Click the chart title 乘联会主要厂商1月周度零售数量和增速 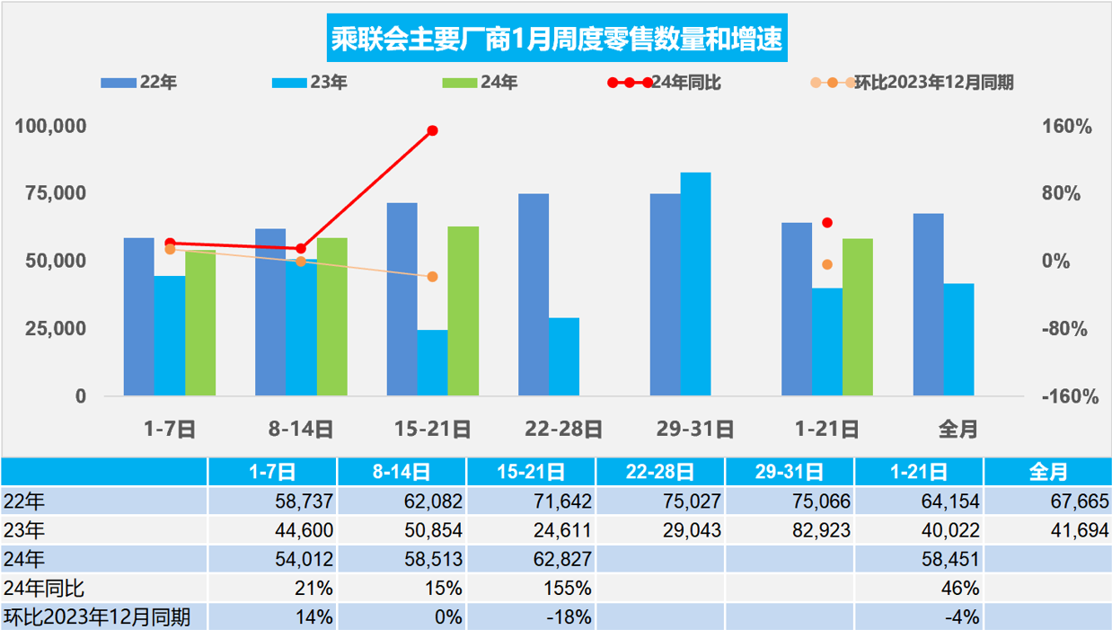(556, 40)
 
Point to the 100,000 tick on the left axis (51, 126)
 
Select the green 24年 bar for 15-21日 (463, 310)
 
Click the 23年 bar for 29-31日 (695, 283)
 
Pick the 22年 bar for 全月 (928, 304)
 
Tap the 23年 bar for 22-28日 (564, 356)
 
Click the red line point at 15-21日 (432, 130)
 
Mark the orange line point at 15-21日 (432, 277)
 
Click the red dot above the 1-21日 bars (827, 223)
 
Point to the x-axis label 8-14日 (301, 430)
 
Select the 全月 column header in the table (1047, 471)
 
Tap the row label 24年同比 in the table (44, 589)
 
